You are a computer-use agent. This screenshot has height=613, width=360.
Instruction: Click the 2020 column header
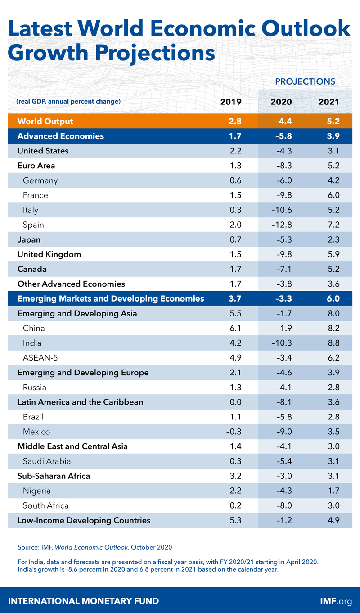click(x=281, y=102)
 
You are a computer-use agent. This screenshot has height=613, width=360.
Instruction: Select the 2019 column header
click(x=231, y=102)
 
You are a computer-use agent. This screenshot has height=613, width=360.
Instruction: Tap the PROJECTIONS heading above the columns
click(x=305, y=81)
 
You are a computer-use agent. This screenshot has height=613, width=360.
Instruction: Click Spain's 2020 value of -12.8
click(x=281, y=225)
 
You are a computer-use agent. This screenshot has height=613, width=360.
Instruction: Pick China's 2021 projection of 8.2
click(x=329, y=328)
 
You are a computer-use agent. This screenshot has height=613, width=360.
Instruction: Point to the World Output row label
click(x=45, y=122)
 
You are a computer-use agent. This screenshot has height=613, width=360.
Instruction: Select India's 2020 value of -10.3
click(x=281, y=343)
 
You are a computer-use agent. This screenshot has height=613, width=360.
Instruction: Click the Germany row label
click(x=40, y=180)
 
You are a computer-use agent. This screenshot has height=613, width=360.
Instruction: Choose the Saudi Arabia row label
click(x=47, y=461)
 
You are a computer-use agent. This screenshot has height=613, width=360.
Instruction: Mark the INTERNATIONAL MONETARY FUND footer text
click(x=84, y=601)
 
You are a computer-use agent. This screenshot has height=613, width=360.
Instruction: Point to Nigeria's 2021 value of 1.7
click(x=329, y=491)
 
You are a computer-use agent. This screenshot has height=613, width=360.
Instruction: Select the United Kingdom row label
click(x=49, y=254)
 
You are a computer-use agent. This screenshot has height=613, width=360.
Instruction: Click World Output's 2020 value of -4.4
click(x=281, y=122)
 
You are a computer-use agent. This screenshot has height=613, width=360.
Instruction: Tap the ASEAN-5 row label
click(x=39, y=358)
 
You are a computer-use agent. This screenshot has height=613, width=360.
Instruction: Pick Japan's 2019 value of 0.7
click(x=235, y=239)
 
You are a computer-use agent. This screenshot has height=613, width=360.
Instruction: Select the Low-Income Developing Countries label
click(x=84, y=520)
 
